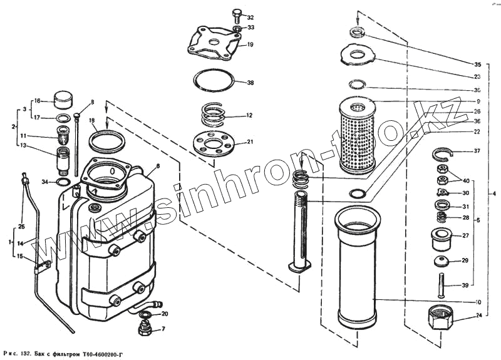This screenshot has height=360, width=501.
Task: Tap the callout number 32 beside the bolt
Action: click(250, 17)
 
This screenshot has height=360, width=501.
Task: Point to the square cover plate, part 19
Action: click(214, 43)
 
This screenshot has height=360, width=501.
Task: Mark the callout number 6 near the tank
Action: click(158, 166)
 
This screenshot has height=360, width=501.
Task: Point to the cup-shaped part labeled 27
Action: click(441, 238)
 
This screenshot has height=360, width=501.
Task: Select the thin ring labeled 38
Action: click(214, 81)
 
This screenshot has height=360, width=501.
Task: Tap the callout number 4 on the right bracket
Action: click(493, 193)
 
